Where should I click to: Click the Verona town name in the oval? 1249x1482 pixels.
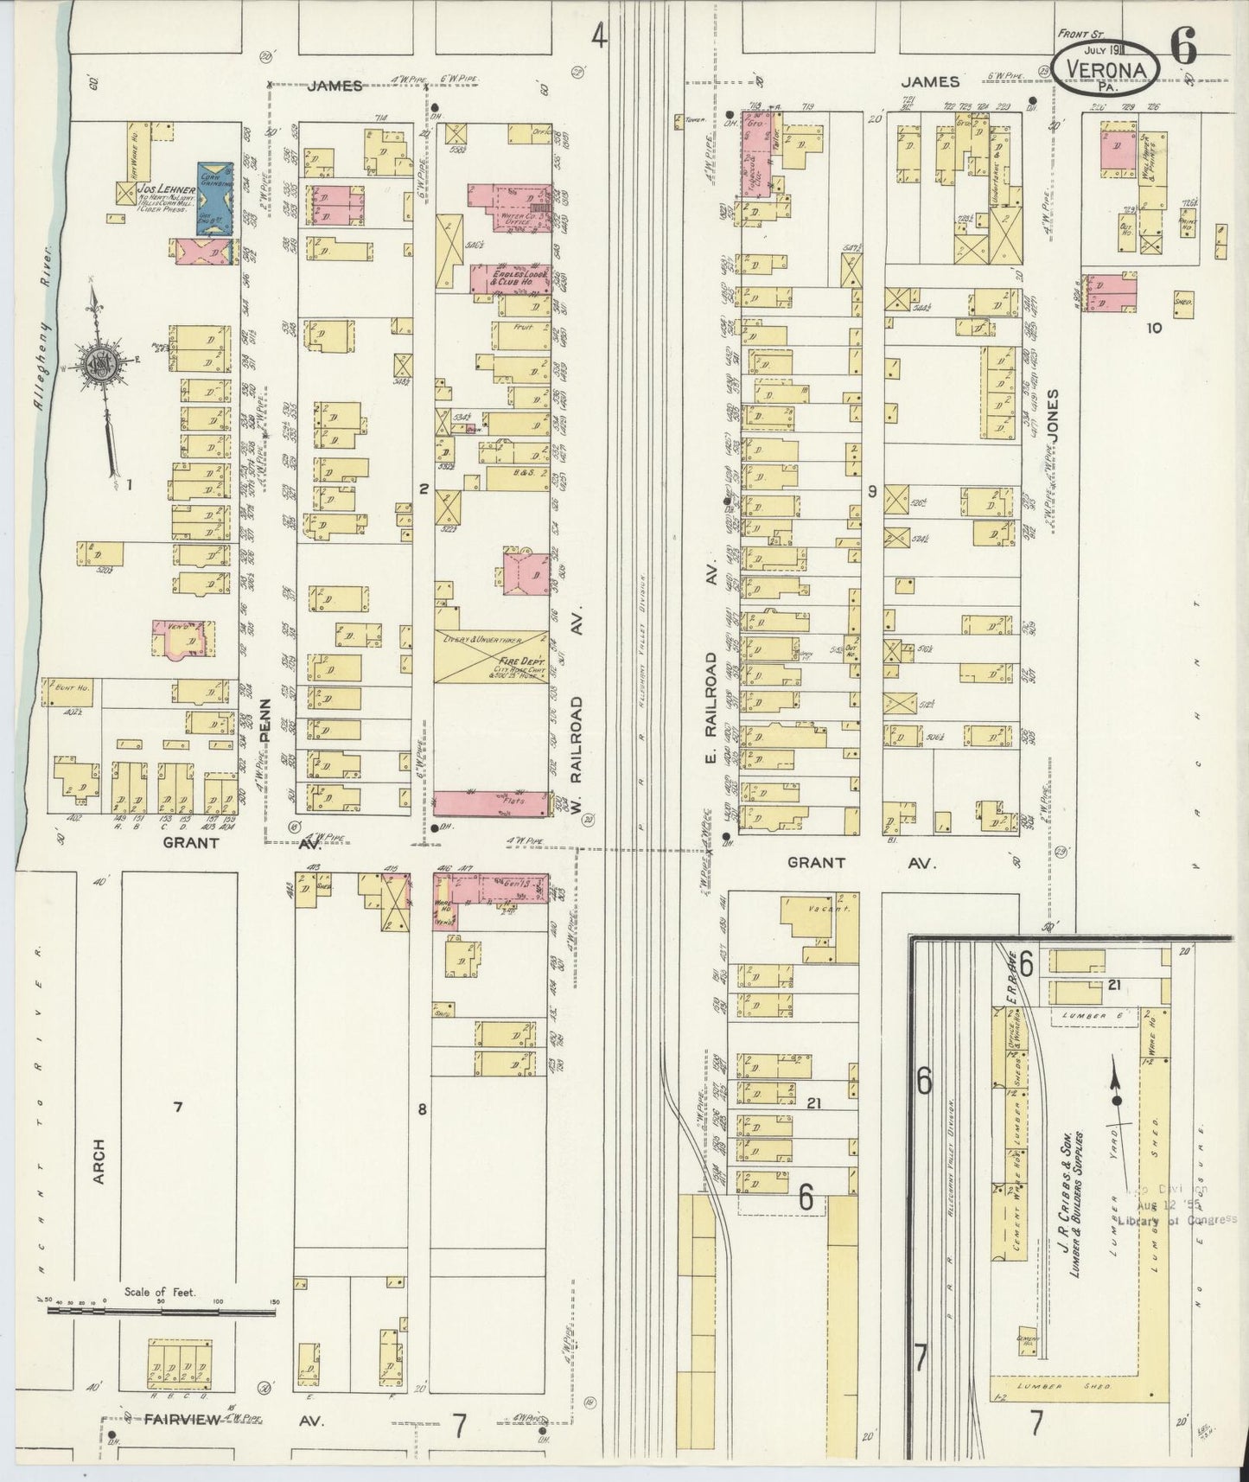pyautogui.click(x=1106, y=70)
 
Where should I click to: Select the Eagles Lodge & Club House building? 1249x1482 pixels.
pyautogui.click(x=510, y=278)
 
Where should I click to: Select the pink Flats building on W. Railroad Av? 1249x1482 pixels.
pyautogui.click(x=491, y=802)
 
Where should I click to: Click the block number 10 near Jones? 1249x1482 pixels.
pyautogui.click(x=1153, y=327)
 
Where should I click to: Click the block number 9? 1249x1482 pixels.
pyautogui.click(x=873, y=491)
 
